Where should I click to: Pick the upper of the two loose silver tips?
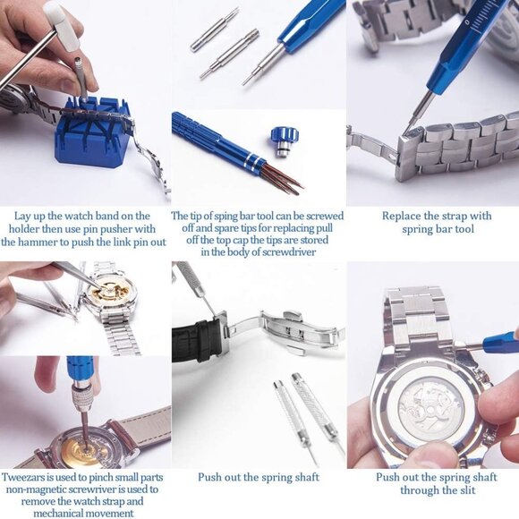pyautogui.click(x=215, y=29)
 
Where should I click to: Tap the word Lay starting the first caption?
pyautogui.click(x=24, y=216)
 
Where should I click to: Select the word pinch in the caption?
pyautogui.click(x=101, y=477)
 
